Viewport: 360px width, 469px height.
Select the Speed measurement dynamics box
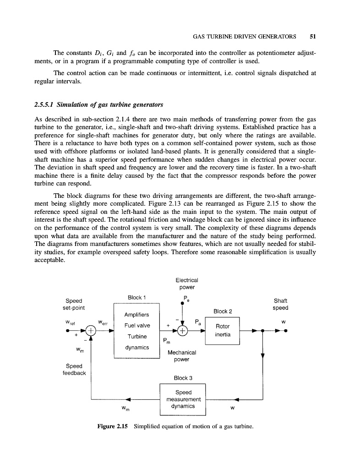tap(182, 399)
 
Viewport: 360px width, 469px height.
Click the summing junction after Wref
tap(91, 331)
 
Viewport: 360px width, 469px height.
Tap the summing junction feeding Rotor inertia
tap(183, 331)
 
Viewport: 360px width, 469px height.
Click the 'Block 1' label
tap(136, 298)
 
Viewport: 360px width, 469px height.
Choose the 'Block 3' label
tap(182, 378)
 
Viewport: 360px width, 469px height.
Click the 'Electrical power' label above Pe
tap(186, 284)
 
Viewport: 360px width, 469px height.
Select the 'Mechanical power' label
tap(182, 356)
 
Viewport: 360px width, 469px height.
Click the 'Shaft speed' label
tap(280, 304)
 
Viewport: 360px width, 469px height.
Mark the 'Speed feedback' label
tap(74, 369)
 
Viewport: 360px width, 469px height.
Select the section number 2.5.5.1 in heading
tap(47, 104)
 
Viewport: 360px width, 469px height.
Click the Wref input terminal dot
tap(68, 331)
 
